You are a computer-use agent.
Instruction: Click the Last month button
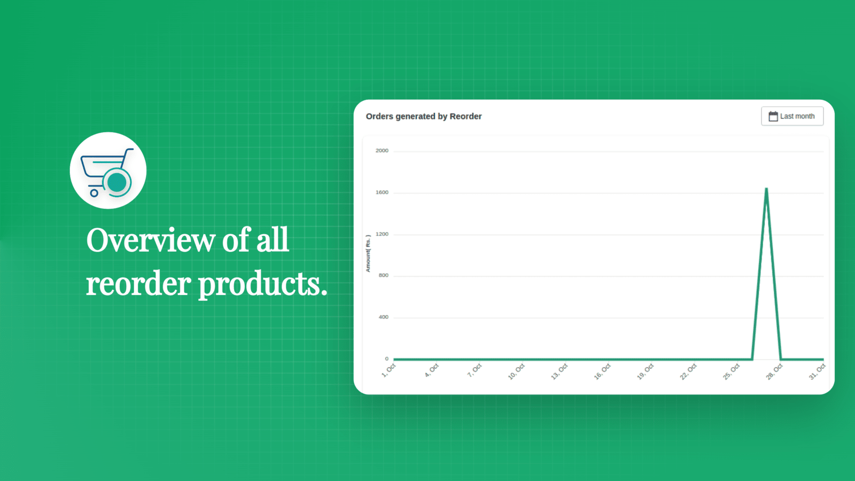[x=792, y=116]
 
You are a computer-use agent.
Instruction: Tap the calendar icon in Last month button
[x=773, y=116]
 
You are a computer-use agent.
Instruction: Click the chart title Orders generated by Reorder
[x=423, y=117]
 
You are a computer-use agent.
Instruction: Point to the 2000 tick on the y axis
[x=382, y=151]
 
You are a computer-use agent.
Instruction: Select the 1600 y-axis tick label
[x=382, y=192]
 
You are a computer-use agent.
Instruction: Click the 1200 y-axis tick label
[x=382, y=234]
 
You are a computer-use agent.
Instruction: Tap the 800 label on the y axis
[x=383, y=276]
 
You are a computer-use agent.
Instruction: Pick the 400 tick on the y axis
[x=383, y=317]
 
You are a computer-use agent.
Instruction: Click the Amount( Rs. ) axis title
[x=368, y=253]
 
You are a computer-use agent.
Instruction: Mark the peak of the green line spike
[x=766, y=189]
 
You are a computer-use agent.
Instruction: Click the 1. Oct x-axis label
[x=388, y=370]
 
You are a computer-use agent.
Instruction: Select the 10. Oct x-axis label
[x=516, y=371]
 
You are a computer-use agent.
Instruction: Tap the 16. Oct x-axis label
[x=602, y=371]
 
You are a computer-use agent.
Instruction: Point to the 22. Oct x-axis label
[x=688, y=371]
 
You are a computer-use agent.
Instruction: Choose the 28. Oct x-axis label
[x=774, y=371]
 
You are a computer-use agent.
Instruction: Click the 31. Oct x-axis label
[x=817, y=371]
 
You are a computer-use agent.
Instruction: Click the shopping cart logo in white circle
[x=108, y=170]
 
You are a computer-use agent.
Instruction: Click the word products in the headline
[x=262, y=284]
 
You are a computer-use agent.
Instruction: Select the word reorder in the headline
[x=138, y=284]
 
